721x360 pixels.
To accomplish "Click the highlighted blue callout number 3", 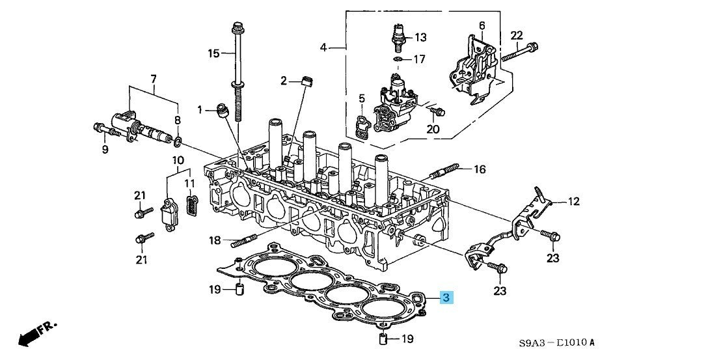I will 446,298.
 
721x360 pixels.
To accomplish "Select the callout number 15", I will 214,53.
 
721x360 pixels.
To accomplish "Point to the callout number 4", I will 323,47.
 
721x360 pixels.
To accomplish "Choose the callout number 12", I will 573,202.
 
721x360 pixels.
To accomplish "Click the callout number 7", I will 154,79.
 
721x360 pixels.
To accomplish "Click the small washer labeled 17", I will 397,59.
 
